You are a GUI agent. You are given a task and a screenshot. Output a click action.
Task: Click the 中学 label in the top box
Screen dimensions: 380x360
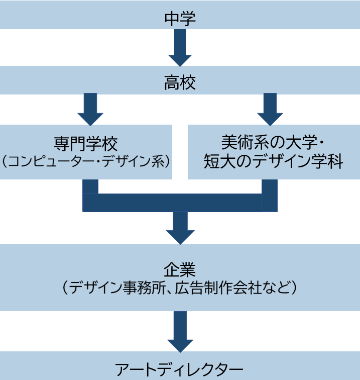(180, 19)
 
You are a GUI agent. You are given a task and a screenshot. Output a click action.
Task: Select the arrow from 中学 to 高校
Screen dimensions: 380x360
(180, 48)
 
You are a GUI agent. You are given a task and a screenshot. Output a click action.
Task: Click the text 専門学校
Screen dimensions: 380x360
(86, 144)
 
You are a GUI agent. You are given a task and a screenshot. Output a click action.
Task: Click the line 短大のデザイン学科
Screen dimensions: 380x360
(274, 162)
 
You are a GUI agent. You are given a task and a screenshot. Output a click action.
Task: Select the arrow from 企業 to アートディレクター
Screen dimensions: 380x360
(180, 332)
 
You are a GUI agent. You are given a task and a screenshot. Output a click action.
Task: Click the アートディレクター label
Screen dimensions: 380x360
(180, 369)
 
